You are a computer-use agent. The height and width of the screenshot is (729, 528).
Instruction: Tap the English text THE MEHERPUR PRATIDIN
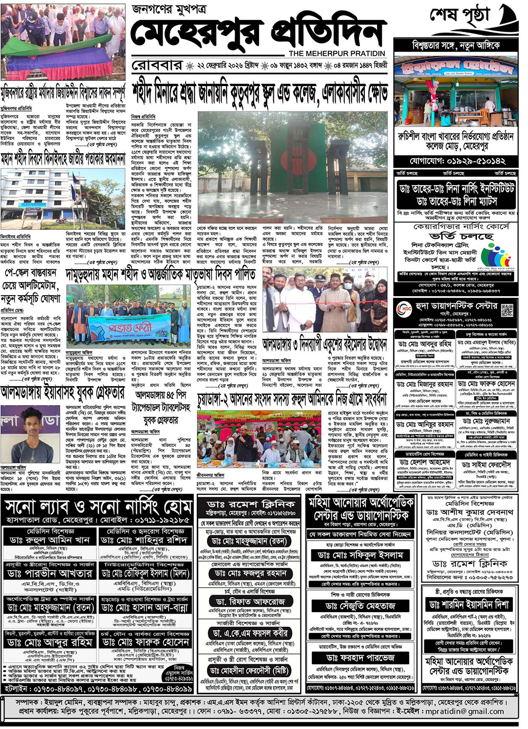coord(337,53)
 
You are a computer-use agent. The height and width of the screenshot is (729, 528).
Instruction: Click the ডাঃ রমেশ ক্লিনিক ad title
coord(250,504)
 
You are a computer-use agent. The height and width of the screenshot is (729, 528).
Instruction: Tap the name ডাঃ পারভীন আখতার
coord(49,573)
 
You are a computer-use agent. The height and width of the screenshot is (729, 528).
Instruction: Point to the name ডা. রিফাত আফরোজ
coord(250,601)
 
